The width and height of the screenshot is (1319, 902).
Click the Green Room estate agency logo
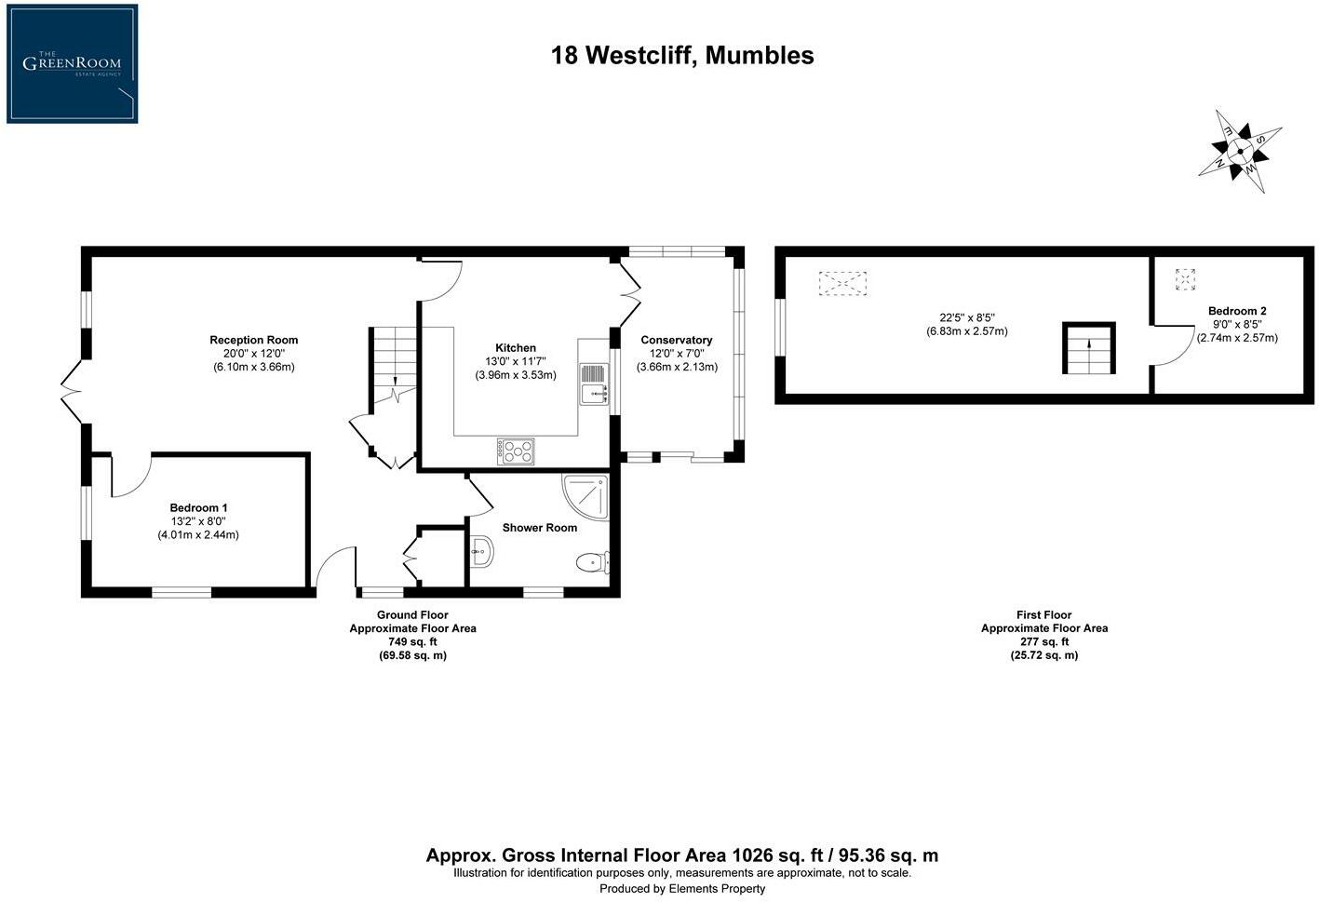click(x=72, y=63)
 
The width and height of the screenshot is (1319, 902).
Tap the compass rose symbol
click(x=1241, y=151)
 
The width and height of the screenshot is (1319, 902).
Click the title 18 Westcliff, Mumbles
click(x=682, y=56)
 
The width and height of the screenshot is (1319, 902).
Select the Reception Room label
click(x=253, y=340)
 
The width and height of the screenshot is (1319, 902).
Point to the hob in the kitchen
click(x=517, y=451)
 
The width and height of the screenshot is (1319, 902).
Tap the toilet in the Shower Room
click(x=591, y=562)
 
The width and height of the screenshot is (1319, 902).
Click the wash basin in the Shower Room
click(x=481, y=552)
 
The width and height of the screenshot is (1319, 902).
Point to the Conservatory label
click(x=676, y=340)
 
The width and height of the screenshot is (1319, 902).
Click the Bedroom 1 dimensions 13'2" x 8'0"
click(x=197, y=521)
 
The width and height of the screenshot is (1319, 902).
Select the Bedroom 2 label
click(x=1236, y=311)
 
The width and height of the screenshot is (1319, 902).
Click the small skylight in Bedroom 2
click(x=1185, y=279)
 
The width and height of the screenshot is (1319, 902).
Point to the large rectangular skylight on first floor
click(x=842, y=283)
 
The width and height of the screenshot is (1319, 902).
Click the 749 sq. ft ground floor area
click(x=411, y=641)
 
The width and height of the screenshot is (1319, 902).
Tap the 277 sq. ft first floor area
click(x=1043, y=641)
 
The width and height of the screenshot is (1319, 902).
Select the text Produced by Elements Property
click(x=681, y=889)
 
